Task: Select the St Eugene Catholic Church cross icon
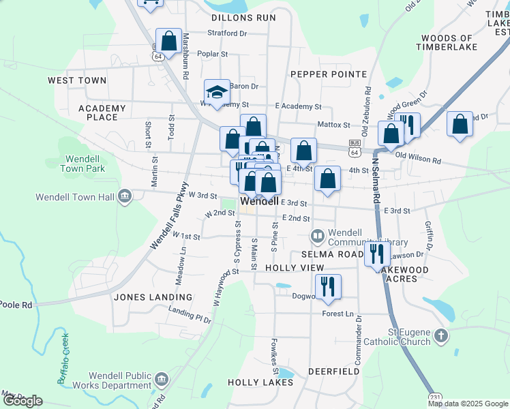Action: tap(441, 335)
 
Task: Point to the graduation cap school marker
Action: tap(217, 92)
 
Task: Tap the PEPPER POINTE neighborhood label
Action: tap(329, 74)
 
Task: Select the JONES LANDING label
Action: tap(153, 297)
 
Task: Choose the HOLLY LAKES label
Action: tap(260, 382)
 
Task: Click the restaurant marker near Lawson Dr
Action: tap(376, 254)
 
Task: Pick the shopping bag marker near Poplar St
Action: tap(168, 40)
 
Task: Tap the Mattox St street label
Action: tap(333, 125)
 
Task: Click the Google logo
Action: tap(22, 401)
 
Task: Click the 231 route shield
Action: tap(435, 397)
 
